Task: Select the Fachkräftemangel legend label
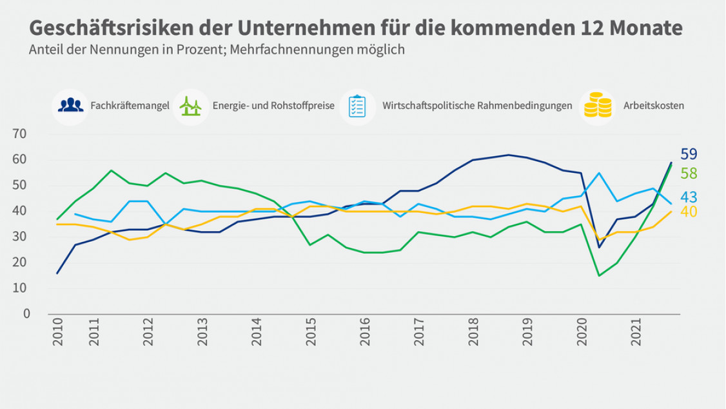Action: [x=130, y=105]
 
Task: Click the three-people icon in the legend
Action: [x=70, y=105]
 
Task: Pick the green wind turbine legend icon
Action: [x=190, y=106]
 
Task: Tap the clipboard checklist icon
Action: [x=357, y=106]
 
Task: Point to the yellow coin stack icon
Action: [x=597, y=105]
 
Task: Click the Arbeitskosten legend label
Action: [x=654, y=105]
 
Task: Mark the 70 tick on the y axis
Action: [x=21, y=134]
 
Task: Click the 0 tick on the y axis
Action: [x=26, y=314]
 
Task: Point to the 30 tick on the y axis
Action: [x=21, y=237]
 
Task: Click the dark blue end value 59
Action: [x=689, y=154]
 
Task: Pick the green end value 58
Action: [x=689, y=173]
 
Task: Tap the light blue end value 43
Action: [x=689, y=197]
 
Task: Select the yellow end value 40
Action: [x=689, y=212]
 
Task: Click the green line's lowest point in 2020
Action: [x=599, y=275]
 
